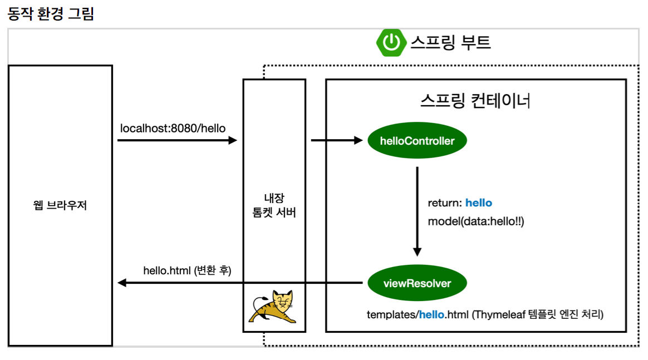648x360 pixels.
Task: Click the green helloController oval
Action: coord(417,141)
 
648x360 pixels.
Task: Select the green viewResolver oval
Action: coord(417,283)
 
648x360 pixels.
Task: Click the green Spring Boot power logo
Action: coord(392,42)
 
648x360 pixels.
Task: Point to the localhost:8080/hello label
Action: coord(173,129)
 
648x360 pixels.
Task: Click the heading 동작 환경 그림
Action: coord(51,14)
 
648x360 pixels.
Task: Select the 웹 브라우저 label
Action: coord(60,205)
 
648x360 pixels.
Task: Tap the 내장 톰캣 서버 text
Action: coord(274,205)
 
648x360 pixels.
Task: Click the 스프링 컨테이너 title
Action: coord(475,101)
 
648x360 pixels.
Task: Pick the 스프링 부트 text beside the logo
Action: coord(451,42)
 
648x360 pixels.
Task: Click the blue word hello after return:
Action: coord(479,203)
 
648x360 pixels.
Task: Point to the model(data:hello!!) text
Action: coord(476,221)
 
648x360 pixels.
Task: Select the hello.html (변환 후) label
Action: coord(187,270)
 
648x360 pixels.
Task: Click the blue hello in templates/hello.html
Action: coord(432,314)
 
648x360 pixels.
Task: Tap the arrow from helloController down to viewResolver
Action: coord(417,211)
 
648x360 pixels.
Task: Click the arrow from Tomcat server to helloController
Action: coord(336,141)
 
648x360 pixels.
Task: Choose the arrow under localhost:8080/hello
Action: coord(177,141)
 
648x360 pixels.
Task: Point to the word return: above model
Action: coord(445,203)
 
